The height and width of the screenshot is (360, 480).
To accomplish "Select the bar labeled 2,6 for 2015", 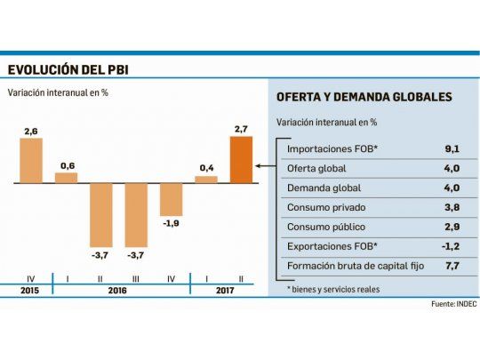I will [32, 161].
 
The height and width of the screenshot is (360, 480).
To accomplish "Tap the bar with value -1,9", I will [171, 199].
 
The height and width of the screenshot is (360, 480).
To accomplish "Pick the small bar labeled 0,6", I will [67, 178].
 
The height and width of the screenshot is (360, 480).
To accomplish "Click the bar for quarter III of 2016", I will [136, 214].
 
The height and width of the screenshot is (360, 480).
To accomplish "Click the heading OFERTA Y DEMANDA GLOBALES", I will [364, 97].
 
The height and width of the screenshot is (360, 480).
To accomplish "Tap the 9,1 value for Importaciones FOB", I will [452, 149].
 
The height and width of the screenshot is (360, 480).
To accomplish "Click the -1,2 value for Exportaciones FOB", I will [452, 246].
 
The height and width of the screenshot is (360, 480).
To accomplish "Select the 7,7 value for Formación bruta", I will [452, 266].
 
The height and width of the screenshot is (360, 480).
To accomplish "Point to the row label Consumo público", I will [324, 228].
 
